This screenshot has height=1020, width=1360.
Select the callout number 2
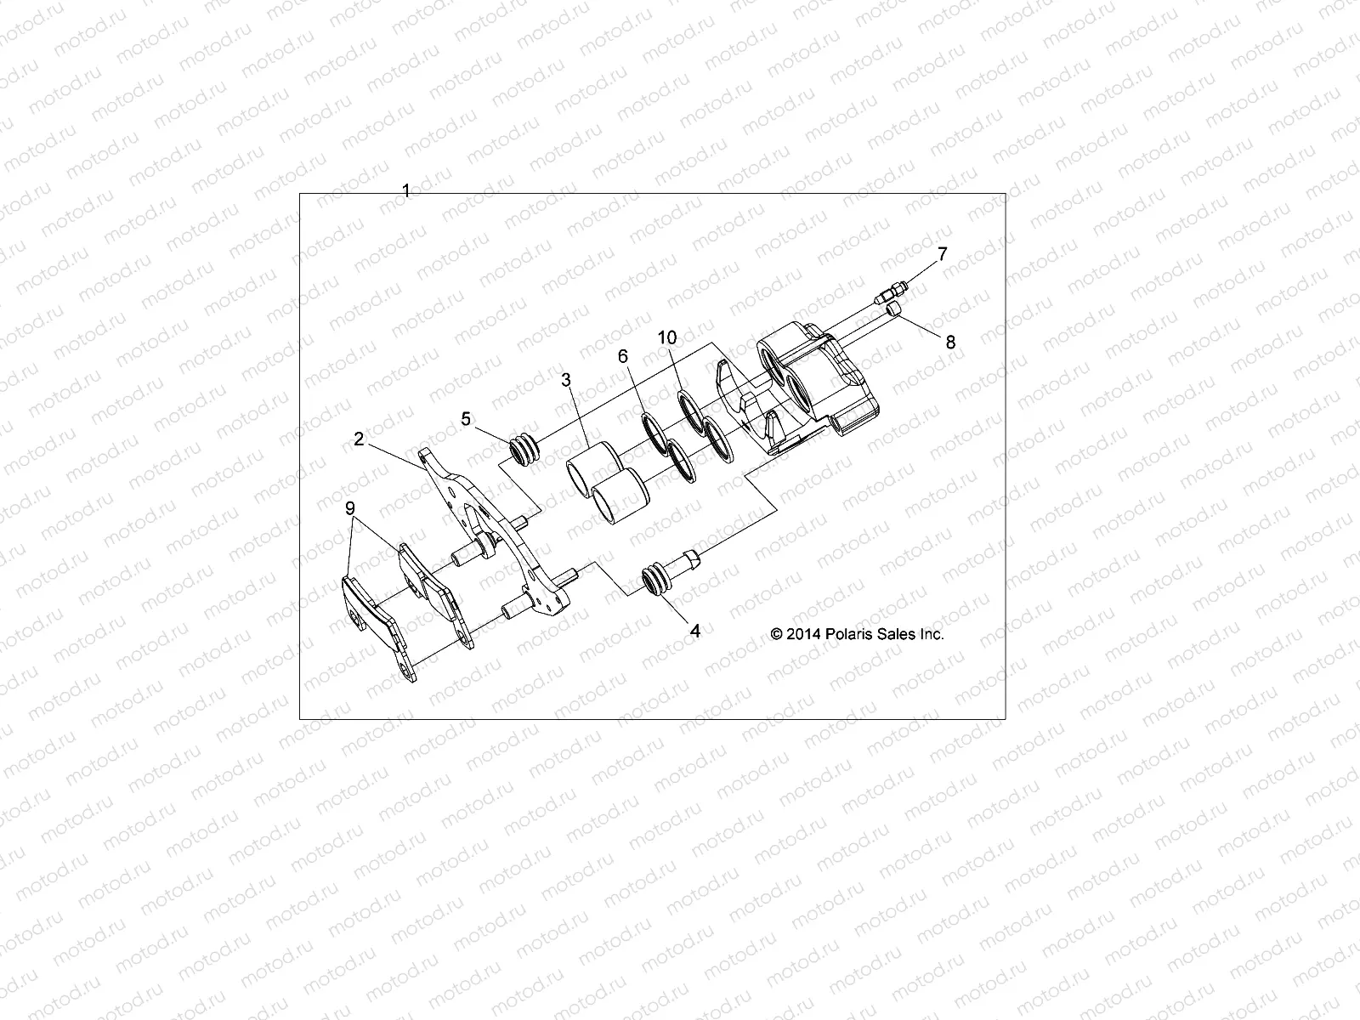(x=359, y=439)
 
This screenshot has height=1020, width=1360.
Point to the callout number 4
(x=694, y=632)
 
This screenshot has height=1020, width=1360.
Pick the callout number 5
(x=466, y=418)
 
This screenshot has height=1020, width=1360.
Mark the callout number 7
(x=941, y=252)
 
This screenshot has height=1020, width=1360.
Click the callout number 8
(x=950, y=343)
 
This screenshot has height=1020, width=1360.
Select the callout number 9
(x=349, y=508)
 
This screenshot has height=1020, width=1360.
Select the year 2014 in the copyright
(x=804, y=634)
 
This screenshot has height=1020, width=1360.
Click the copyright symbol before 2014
(x=777, y=634)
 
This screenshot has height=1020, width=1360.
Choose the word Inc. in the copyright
(x=931, y=634)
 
